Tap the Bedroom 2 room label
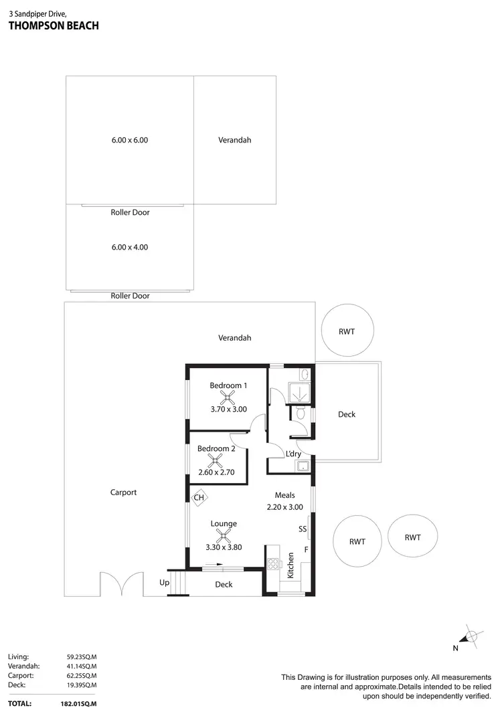[x=216, y=448]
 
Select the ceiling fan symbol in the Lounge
[x=223, y=535]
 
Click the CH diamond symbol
[x=199, y=497]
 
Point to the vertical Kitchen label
[x=290, y=565]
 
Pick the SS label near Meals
[x=303, y=529]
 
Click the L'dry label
[x=292, y=454]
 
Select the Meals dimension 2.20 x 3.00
[x=285, y=507]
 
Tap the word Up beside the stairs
[x=164, y=583]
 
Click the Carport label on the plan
[x=123, y=493]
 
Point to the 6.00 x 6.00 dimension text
[x=130, y=141]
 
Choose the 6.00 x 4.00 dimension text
[x=130, y=247]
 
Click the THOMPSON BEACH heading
[x=54, y=26]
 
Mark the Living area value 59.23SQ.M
[x=81, y=657]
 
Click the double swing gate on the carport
[x=121, y=584]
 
